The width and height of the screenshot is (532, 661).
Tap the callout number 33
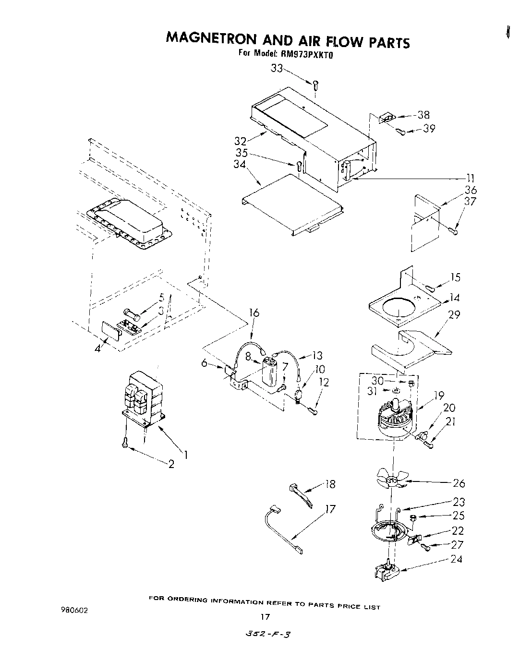coord(277,69)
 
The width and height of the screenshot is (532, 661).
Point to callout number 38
coord(423,115)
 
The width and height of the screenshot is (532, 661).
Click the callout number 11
coord(471,178)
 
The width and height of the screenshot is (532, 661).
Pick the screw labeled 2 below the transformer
coord(125,443)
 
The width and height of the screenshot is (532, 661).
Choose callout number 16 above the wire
coord(254,313)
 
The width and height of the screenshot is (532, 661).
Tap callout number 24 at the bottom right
coord(456,559)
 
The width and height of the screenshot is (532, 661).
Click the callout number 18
coord(330,484)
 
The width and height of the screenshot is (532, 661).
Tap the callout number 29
coord(454,315)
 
